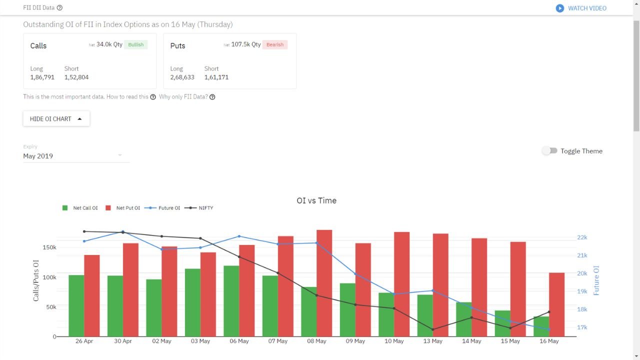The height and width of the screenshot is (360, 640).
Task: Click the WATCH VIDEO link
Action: [581, 8]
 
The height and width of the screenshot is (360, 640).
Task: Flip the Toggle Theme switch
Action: [549, 150]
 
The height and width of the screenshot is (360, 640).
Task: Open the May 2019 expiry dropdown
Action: [76, 156]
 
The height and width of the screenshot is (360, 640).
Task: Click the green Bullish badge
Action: [135, 44]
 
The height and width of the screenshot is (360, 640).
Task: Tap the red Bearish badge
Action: [274, 44]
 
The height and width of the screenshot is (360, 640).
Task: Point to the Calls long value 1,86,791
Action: [42, 77]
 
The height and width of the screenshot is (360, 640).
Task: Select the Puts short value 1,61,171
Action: [216, 77]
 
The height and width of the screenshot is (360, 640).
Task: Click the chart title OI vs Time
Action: [316, 200]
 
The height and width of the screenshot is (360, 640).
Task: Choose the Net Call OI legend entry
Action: [80, 208]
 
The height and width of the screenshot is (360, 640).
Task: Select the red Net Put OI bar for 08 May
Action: [324, 283]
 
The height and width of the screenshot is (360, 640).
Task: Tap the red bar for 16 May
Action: [556, 304]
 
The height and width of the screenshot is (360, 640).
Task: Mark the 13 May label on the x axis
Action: [433, 341]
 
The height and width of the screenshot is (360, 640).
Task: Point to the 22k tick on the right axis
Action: [582, 237]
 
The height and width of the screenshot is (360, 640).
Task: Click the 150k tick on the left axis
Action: [49, 247]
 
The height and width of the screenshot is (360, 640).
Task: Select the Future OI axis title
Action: [596, 280]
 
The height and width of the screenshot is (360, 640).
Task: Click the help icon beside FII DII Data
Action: [60, 8]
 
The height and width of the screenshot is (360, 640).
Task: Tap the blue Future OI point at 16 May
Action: [549, 329]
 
